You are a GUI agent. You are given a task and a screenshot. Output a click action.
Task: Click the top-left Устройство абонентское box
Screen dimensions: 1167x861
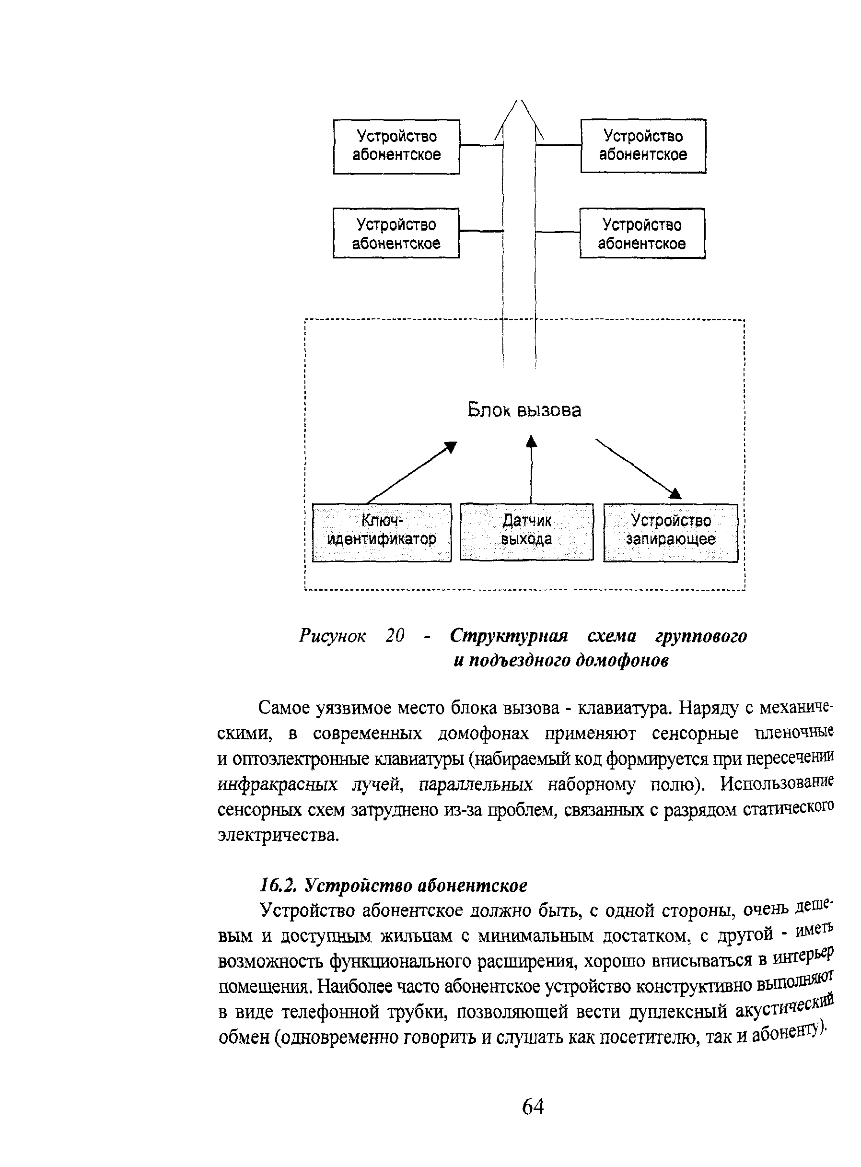tap(396, 146)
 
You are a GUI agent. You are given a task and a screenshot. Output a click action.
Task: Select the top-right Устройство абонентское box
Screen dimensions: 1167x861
tap(643, 145)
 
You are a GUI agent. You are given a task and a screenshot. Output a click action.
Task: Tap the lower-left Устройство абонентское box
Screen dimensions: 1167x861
tap(396, 233)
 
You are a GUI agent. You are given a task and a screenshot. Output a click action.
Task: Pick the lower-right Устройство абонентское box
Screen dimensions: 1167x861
tap(642, 233)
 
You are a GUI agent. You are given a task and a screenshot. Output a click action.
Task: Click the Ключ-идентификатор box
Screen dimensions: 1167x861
tap(382, 532)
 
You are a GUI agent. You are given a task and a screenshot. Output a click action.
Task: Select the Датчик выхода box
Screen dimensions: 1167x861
tap(526, 532)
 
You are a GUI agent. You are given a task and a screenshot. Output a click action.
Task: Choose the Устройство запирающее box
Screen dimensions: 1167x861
tap(670, 532)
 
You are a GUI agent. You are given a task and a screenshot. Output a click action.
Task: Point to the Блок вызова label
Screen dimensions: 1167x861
tap(524, 410)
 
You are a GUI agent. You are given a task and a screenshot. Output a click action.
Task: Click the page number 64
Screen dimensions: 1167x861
tap(533, 1107)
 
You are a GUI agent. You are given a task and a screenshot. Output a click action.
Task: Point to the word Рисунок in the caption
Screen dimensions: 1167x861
tap(333, 636)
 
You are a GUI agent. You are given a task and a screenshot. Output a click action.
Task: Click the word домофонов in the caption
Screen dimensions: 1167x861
tap(622, 660)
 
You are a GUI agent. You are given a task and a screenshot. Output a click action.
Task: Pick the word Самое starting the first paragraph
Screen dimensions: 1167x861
tap(286, 708)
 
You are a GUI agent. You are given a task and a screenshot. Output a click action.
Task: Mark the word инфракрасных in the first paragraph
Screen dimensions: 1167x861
tap(277, 784)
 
